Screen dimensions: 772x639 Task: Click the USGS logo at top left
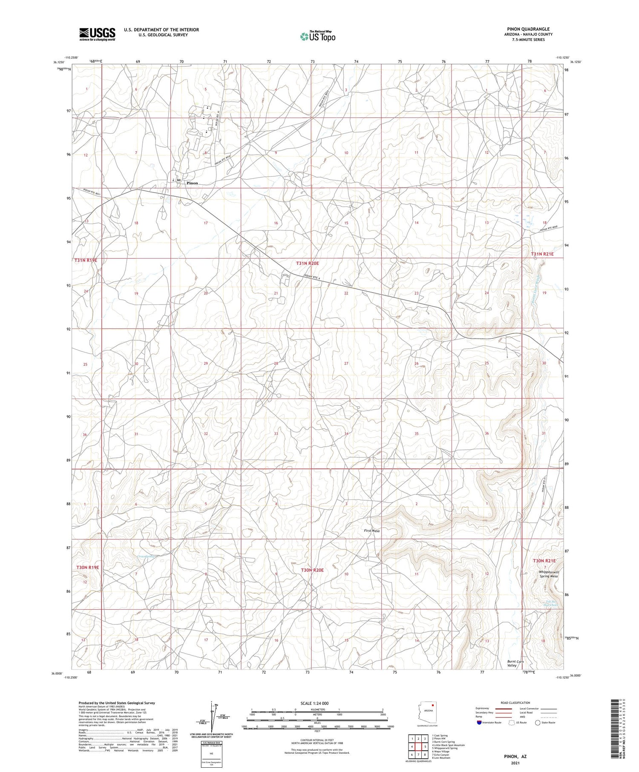click(x=97, y=34)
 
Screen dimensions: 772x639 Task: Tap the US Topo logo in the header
click(x=317, y=36)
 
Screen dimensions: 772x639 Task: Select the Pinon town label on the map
click(x=192, y=183)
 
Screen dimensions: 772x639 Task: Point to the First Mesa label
click(x=371, y=531)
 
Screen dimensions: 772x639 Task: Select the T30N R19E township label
click(x=88, y=567)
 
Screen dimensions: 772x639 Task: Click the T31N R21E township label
click(x=542, y=254)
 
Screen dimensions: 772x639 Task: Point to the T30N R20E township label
click(x=312, y=570)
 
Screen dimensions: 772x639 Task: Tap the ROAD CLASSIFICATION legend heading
click(x=515, y=703)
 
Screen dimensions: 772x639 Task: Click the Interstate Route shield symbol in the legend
click(x=479, y=722)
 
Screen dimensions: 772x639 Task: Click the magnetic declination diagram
click(x=212, y=717)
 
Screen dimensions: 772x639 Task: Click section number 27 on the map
click(x=346, y=363)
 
